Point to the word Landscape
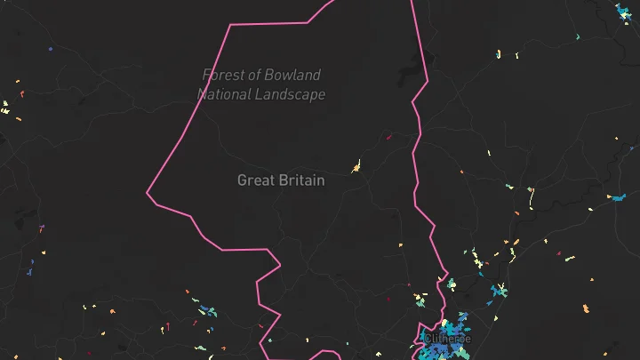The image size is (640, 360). [x=292, y=94]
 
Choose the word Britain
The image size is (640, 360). [x=302, y=180]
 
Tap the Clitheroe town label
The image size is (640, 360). [x=446, y=339]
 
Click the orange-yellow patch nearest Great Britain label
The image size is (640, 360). [x=356, y=165]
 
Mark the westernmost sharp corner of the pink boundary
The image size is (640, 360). [x=148, y=190]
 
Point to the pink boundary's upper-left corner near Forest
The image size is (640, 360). [x=230, y=26]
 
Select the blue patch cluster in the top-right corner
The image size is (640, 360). [x=624, y=12]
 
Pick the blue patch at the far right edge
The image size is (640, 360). [x=618, y=197]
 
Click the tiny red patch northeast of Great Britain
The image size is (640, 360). [x=389, y=137]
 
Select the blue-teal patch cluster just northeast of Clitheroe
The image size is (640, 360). [x=499, y=291]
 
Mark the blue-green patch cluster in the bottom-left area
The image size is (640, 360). [x=207, y=310]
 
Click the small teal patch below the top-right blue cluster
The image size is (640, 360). [x=578, y=36]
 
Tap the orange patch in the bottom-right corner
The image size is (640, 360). [x=586, y=308]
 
